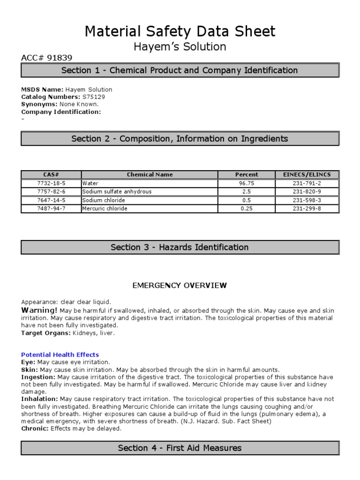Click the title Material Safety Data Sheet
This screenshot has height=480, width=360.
coord(180,31)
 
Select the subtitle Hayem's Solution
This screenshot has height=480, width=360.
coord(180,47)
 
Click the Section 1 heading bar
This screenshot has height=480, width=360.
coord(180,70)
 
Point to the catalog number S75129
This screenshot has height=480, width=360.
coord(94,97)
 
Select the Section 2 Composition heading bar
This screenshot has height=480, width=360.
coord(180,139)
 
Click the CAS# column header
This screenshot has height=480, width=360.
coord(51,175)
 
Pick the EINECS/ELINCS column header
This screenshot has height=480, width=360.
coord(307,175)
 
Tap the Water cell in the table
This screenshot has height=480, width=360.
coord(90,184)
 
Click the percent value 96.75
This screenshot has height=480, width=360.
coord(247,184)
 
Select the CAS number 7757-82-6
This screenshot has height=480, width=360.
coord(51,192)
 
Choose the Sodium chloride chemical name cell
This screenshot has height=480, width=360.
coord(104,200)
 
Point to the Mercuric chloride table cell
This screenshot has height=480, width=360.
coord(105,209)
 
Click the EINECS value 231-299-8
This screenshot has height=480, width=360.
coord(307,209)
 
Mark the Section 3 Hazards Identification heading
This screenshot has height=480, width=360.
coord(180,247)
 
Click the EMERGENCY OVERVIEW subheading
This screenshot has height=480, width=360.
coord(180,285)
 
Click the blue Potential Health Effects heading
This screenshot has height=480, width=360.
coord(60,355)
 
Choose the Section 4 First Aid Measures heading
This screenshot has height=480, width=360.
coord(180,448)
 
